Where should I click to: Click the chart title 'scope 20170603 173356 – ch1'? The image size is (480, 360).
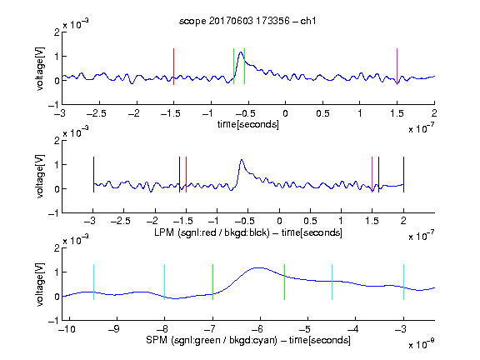[247, 21]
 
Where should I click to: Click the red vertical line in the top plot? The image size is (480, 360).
[173, 67]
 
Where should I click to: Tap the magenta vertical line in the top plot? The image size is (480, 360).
[397, 67]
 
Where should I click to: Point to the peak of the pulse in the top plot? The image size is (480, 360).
[241, 52]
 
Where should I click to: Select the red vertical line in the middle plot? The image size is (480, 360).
[186, 174]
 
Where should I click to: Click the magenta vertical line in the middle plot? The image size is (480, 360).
[372, 174]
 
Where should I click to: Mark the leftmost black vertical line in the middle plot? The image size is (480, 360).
[93, 174]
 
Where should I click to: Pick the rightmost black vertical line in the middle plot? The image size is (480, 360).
[403, 174]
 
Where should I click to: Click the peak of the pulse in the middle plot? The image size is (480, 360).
[242, 160]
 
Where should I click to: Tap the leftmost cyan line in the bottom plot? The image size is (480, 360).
[93, 282]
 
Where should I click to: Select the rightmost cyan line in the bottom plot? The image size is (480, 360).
[403, 282]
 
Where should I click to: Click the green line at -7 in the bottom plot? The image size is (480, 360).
[212, 282]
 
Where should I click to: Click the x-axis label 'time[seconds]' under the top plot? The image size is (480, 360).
[248, 124]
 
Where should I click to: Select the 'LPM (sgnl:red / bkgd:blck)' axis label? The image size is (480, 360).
[212, 232]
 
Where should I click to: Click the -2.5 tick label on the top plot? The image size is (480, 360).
[97, 113]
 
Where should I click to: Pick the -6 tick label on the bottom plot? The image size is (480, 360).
[258, 329]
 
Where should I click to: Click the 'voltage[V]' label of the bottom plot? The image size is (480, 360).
[40, 284]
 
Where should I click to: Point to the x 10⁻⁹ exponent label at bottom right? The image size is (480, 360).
[421, 344]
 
